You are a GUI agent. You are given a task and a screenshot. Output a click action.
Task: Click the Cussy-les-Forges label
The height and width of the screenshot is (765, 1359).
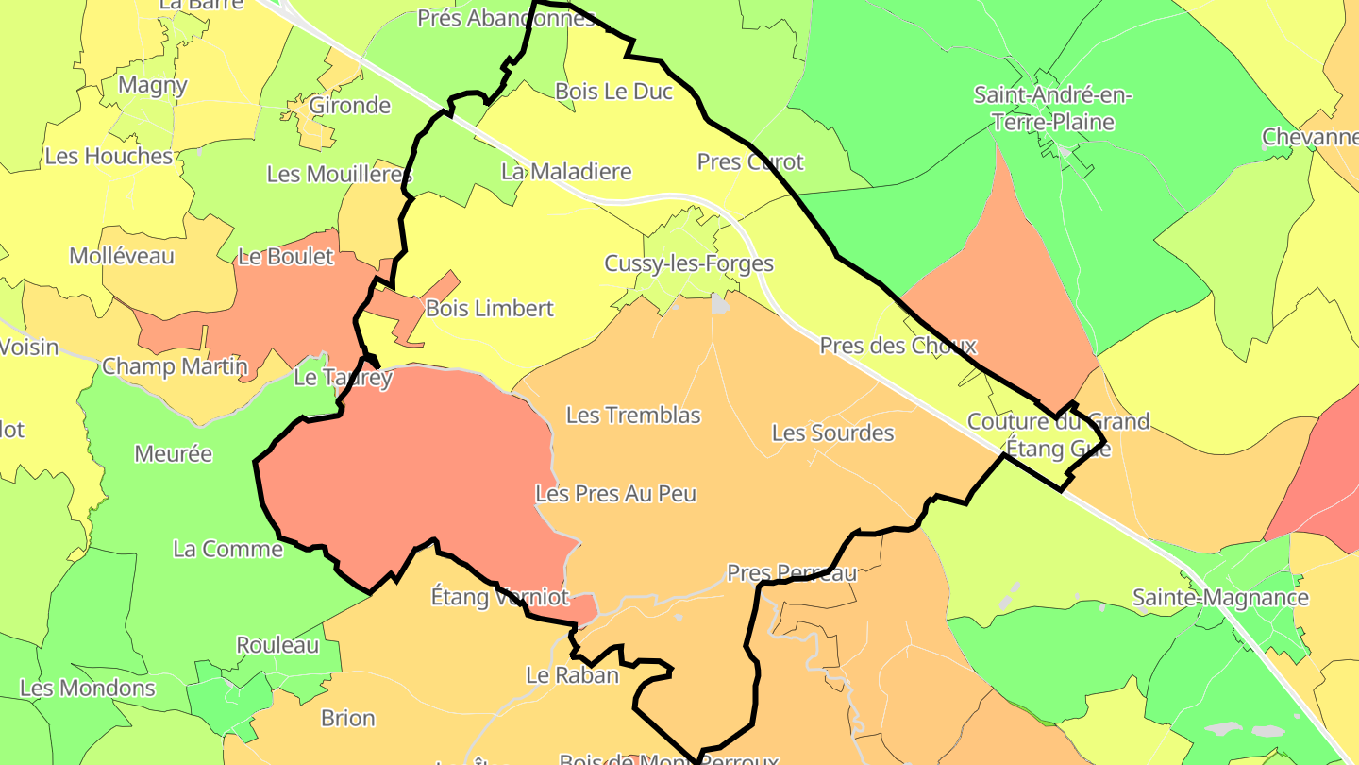[689, 263]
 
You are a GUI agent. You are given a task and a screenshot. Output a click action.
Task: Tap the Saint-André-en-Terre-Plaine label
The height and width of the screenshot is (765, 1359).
[1052, 109]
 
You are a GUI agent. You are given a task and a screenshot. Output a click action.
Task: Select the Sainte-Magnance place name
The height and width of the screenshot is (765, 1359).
[1220, 598]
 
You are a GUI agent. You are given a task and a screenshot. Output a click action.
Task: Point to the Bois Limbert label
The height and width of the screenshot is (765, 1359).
[490, 309]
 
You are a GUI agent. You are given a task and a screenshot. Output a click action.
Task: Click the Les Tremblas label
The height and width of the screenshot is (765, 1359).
[633, 415]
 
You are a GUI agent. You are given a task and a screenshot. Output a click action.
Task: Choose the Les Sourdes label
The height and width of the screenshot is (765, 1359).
[832, 433]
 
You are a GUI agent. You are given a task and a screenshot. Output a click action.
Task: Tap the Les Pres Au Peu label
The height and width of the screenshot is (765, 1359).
[615, 493]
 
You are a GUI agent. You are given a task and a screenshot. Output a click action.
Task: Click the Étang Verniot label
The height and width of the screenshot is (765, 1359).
[500, 597]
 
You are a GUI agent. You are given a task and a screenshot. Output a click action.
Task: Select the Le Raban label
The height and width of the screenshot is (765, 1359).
[572, 675]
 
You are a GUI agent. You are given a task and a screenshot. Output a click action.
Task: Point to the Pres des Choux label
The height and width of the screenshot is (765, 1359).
[898, 346]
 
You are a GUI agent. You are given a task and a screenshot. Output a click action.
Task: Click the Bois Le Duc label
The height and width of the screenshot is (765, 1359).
[613, 92]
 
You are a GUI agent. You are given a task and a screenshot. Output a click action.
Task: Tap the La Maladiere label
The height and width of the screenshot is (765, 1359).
[566, 172]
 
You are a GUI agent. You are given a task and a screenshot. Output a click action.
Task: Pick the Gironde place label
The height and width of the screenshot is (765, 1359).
[350, 105]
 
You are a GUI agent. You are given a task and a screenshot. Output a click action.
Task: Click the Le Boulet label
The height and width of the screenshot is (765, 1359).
[286, 257]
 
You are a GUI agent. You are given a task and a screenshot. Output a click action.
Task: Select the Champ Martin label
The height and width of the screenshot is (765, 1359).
[175, 365]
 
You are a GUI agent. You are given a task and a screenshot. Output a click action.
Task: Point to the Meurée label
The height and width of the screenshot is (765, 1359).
[173, 454]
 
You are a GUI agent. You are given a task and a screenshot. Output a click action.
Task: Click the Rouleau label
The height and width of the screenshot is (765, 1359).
[277, 646]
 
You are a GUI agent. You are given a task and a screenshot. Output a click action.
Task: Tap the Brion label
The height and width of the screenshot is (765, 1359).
[348, 718]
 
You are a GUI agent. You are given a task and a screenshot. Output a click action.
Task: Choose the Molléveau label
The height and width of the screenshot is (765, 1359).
[122, 256]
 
